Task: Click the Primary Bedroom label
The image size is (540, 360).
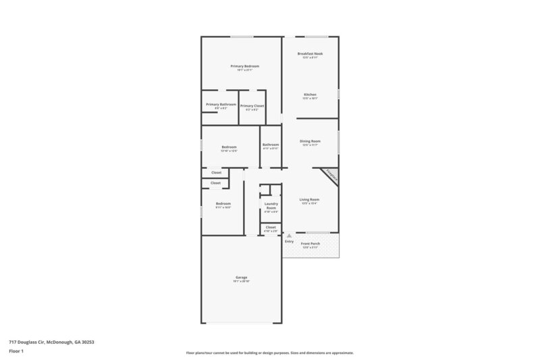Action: pyautogui.click(x=244, y=66)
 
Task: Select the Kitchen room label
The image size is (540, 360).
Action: pyautogui.click(x=310, y=94)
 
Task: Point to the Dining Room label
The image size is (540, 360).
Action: pyautogui.click(x=310, y=140)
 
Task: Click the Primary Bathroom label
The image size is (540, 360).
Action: pyautogui.click(x=221, y=105)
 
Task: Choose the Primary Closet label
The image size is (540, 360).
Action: pyautogui.click(x=252, y=105)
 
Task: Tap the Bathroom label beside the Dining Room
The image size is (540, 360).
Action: pyautogui.click(x=271, y=144)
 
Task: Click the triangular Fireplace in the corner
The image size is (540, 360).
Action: pyautogui.click(x=331, y=174)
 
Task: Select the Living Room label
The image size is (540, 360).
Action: pyautogui.click(x=310, y=199)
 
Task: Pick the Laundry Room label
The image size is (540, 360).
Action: pyautogui.click(x=271, y=205)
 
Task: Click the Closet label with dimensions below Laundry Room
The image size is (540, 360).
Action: pyautogui.click(x=271, y=227)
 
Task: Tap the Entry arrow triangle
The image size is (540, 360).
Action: pyautogui.click(x=289, y=236)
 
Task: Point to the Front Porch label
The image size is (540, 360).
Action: pyautogui.click(x=310, y=243)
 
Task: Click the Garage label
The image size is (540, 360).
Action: pyautogui.click(x=241, y=277)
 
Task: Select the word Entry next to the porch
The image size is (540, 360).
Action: pyautogui.click(x=289, y=241)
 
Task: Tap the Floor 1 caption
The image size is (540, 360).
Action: pyautogui.click(x=18, y=351)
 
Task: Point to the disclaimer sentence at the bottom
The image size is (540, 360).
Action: pyautogui.click(x=269, y=353)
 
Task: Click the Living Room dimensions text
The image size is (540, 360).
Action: pyautogui.click(x=310, y=203)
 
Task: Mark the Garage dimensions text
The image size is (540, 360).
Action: pyautogui.click(x=241, y=281)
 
